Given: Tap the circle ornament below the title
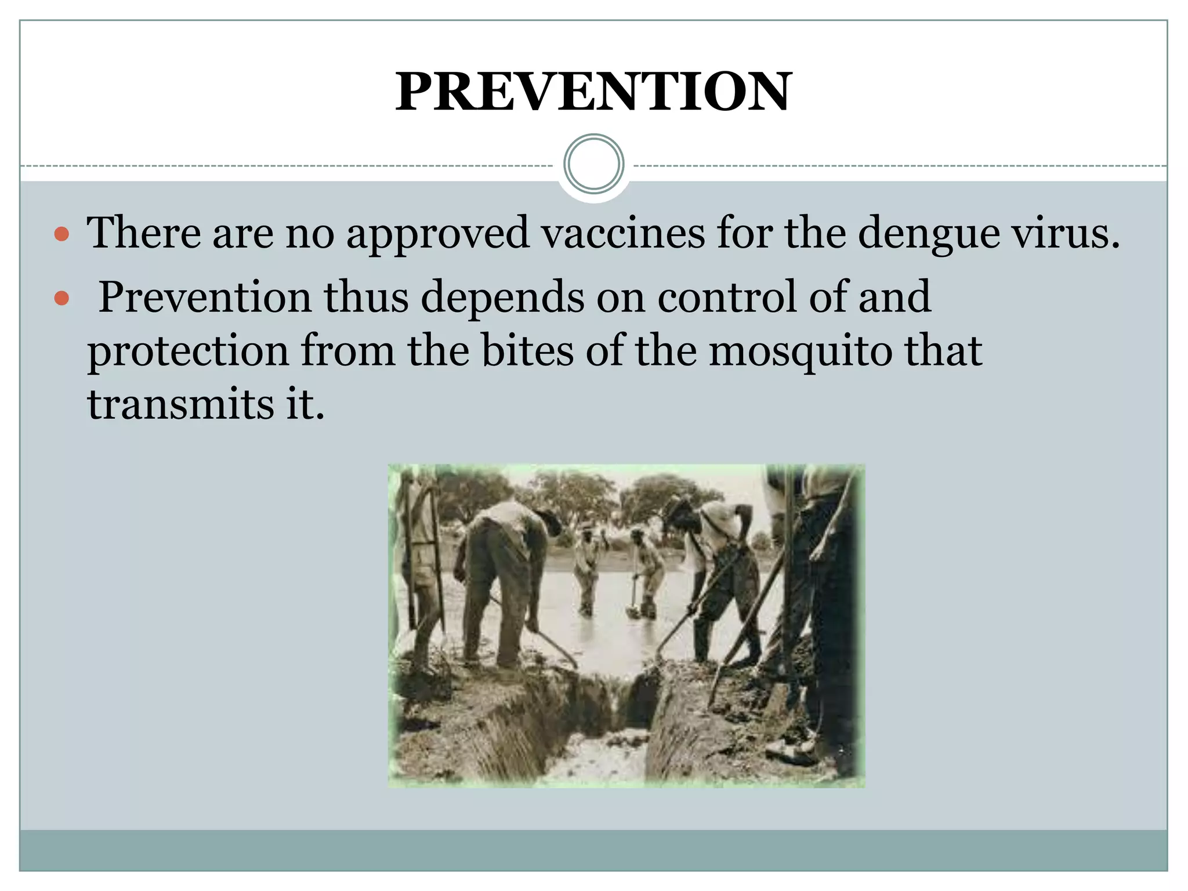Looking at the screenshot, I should coord(593,164).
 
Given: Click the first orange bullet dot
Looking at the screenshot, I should coord(61,235).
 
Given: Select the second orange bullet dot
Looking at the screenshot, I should coord(61,299).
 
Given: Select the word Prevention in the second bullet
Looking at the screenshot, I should coord(205,297).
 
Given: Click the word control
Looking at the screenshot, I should coord(727,297).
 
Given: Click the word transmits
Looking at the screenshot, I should coord(180,404).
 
